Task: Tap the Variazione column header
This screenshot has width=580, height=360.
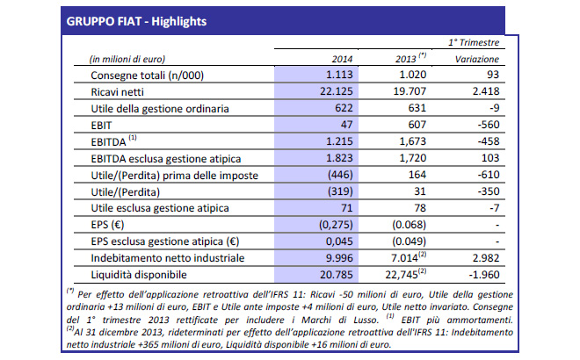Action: coord(475,58)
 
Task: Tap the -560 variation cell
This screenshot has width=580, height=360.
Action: coord(490,124)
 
